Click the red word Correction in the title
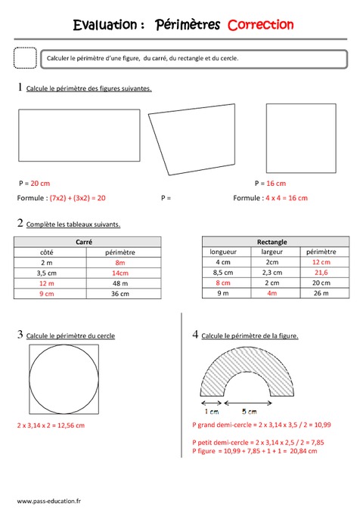coord(260,25)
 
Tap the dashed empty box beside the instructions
coord(26,58)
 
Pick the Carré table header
coord(87,242)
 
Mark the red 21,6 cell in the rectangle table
coord(321,272)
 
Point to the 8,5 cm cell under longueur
coord(223,272)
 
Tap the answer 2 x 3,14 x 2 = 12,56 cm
coord(51,425)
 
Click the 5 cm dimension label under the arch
coord(249,413)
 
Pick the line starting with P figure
coord(255,451)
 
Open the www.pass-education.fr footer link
coord(50,500)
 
